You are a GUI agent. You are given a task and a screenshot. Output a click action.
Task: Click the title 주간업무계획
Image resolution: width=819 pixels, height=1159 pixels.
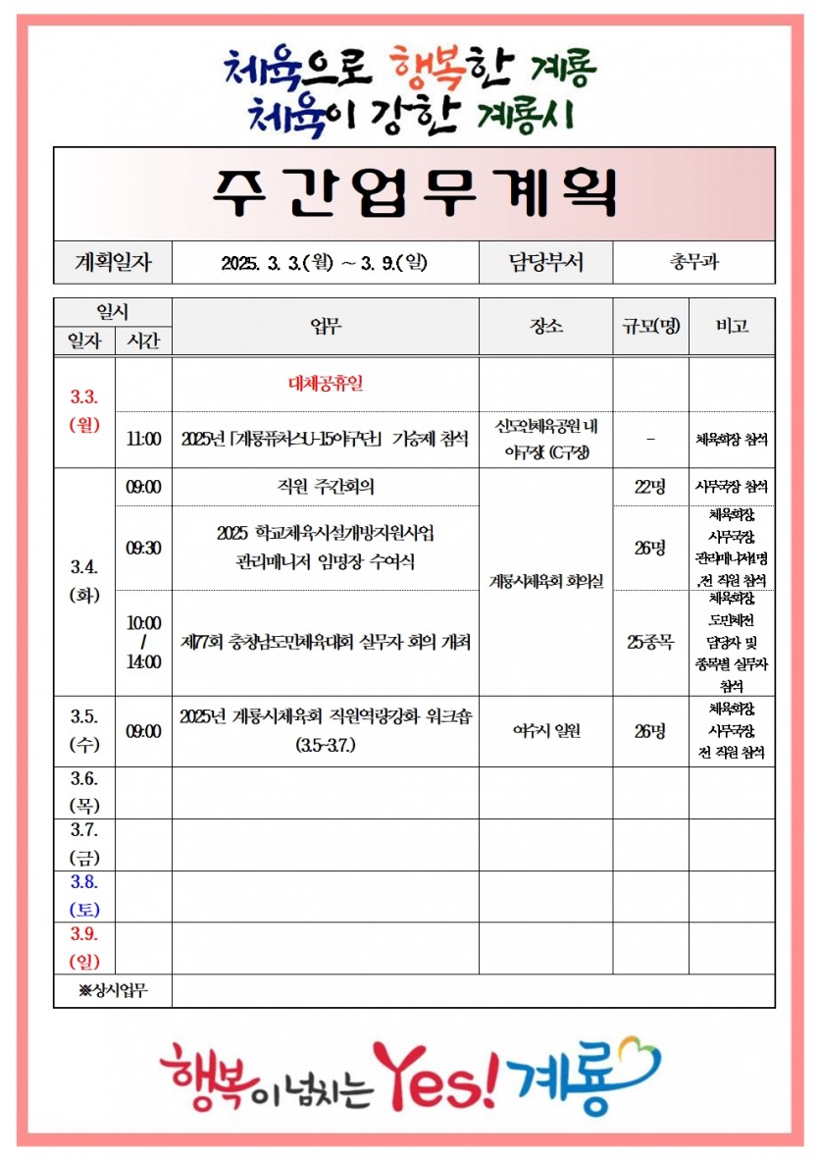pos(414,192)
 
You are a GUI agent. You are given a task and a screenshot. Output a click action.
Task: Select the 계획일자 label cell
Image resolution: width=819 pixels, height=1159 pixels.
pos(113,263)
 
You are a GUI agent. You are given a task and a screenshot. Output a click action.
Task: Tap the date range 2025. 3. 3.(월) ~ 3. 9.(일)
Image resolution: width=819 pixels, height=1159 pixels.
pos(325,263)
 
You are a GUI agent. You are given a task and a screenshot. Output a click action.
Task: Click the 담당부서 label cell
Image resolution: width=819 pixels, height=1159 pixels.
pos(545,263)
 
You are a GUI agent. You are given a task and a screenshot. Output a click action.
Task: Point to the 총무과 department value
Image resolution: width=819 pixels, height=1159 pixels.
pos(693,263)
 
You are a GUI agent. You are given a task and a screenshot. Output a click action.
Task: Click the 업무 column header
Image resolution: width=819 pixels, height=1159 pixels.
pos(325,326)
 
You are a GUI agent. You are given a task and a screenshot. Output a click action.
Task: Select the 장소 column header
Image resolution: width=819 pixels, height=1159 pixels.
pos(545,326)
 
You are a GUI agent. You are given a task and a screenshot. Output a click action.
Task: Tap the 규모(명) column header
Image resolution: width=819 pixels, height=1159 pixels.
pos(650,326)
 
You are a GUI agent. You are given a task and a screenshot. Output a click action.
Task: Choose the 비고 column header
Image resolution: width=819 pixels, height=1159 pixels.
pos(732,326)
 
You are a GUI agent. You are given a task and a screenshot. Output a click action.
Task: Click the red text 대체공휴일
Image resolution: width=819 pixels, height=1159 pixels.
pos(325,384)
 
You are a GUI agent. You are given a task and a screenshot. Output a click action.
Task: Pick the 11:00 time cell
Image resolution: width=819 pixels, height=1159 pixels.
pos(143,440)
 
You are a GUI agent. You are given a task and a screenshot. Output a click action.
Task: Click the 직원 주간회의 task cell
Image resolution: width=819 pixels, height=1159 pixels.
pos(325,486)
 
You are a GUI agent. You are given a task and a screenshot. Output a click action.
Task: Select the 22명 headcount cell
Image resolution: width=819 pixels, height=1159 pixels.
pos(650,486)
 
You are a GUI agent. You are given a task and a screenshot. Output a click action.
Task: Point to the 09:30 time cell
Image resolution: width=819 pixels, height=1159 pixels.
pos(143,548)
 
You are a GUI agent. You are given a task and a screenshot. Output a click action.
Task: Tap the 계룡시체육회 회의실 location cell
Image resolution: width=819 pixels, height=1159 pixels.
pos(545,581)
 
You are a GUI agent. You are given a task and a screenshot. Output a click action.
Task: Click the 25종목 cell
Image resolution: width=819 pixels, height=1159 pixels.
pos(650,643)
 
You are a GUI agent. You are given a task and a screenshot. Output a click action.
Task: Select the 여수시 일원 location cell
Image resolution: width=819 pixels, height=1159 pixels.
pos(545,731)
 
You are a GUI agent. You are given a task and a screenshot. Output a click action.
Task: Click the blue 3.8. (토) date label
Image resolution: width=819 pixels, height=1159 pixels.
pos(84,895)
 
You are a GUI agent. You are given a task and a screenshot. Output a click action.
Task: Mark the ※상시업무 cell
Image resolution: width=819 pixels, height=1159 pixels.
pos(113,990)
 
